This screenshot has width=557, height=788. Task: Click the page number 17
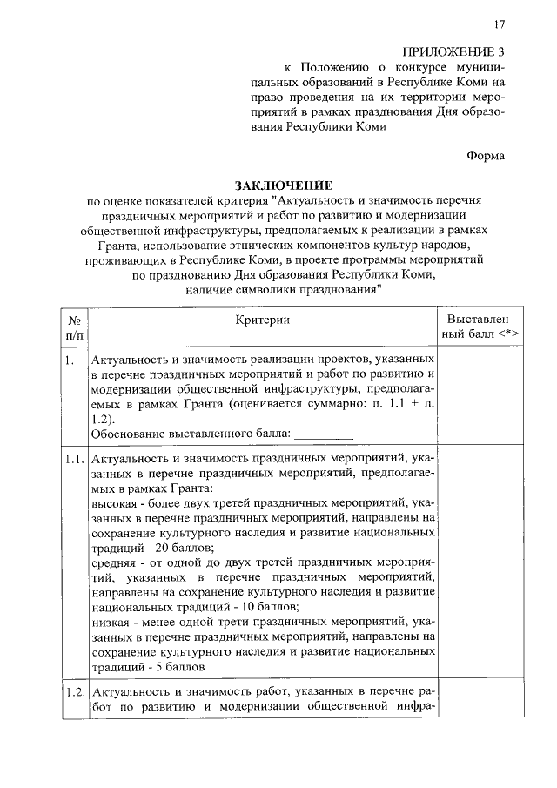pos(499,24)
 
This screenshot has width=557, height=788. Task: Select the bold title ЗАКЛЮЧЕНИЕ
pos(278,185)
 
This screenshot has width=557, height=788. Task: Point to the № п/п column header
pos(74,328)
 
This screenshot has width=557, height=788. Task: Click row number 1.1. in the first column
pos(74,457)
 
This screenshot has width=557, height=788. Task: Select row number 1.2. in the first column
pos(74,691)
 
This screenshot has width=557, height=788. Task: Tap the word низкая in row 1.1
pos(111,622)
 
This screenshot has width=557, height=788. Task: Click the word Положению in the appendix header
pos(338,66)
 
